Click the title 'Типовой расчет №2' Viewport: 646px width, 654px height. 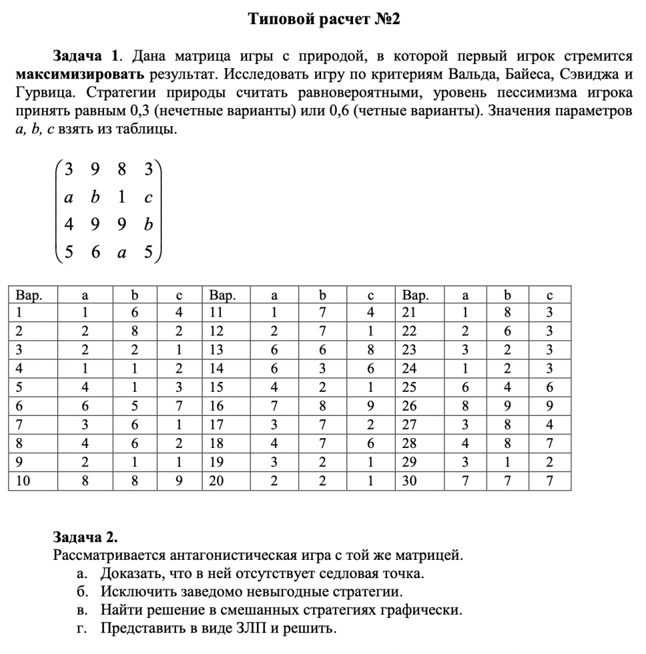323,20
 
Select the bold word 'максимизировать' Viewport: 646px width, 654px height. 80,73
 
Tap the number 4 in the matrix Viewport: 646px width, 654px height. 68,224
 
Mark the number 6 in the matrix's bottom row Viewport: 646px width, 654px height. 95,252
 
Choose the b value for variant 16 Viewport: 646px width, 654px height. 322,405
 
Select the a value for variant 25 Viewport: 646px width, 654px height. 466,387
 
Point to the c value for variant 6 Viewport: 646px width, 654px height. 178,405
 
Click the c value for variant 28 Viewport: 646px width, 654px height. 549,443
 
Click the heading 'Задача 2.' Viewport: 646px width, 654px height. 85,538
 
